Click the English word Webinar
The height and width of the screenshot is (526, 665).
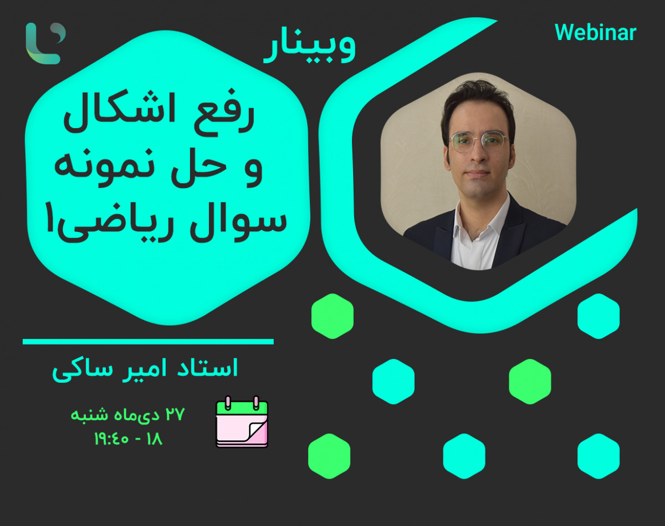point(595,33)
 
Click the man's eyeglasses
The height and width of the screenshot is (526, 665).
point(478,142)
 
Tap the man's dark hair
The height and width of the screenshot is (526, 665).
point(477,100)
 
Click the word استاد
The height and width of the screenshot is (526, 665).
point(211,369)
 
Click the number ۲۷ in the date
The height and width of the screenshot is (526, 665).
point(173,414)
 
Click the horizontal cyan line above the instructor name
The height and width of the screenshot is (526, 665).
point(148,342)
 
